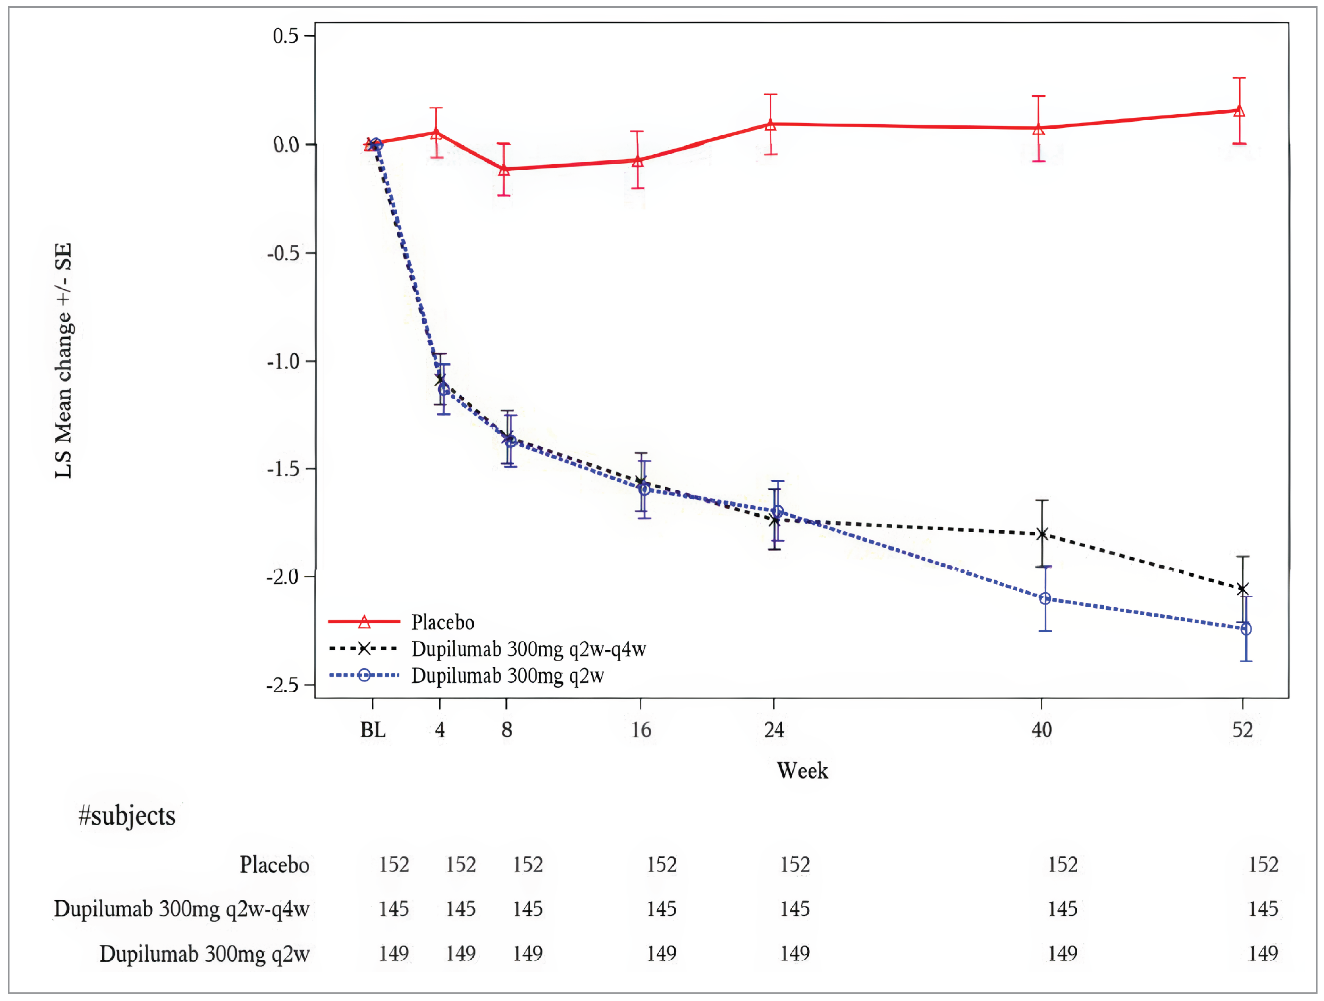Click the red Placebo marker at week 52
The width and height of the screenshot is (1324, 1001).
1239,111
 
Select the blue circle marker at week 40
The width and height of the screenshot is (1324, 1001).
1044,598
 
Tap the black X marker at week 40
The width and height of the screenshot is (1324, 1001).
1042,534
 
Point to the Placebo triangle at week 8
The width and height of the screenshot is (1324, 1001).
504,169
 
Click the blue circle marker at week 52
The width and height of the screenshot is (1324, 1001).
1246,629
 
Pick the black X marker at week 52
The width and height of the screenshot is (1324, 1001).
1243,589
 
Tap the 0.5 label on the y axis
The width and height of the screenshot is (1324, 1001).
285,36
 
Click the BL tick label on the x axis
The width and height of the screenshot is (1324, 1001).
372,730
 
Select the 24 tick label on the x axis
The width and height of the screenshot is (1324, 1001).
774,730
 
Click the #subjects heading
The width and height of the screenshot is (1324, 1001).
127,816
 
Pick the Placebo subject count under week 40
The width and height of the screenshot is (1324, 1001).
1063,865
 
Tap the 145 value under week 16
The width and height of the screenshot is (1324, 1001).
661,909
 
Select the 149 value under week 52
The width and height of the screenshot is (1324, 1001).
1263,953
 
